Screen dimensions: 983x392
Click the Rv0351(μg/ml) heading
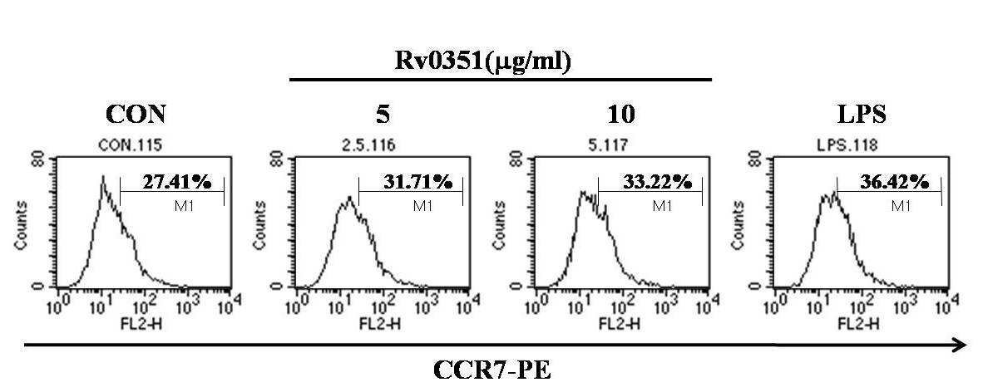pyautogui.click(x=482, y=61)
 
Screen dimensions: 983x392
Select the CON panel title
pyautogui.click(x=136, y=115)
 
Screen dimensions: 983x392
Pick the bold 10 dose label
pyautogui.click(x=620, y=115)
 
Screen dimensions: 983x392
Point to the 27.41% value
pyautogui.click(x=176, y=182)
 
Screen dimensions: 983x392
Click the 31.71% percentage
pyautogui.click(x=417, y=182)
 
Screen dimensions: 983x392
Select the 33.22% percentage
pyautogui.click(x=657, y=182)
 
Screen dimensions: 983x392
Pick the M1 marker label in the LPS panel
pyautogui.click(x=901, y=205)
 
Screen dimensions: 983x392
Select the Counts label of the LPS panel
pyautogui.click(x=740, y=226)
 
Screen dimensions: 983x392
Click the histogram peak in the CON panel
pyautogui.click(x=102, y=176)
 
